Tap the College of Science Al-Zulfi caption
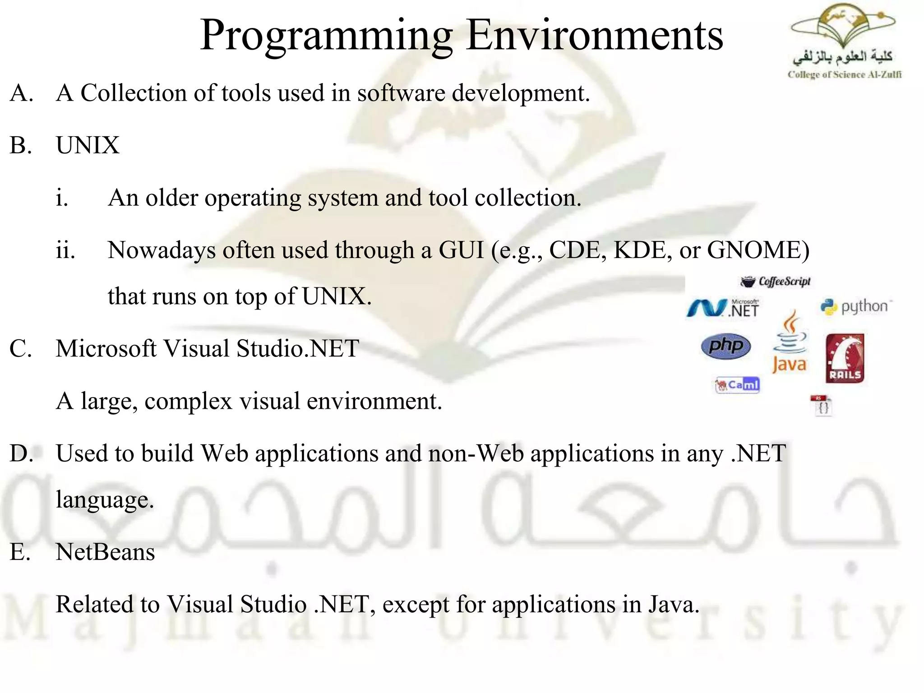tap(844, 75)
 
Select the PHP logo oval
tap(726, 346)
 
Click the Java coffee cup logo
tap(790, 343)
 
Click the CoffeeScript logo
tap(776, 282)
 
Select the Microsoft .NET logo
tap(723, 309)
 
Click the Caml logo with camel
tap(738, 385)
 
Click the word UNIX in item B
tap(88, 145)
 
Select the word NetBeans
tap(105, 552)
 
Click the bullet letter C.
tap(20, 349)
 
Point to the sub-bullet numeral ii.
tap(65, 250)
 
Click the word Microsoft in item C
tap(105, 349)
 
